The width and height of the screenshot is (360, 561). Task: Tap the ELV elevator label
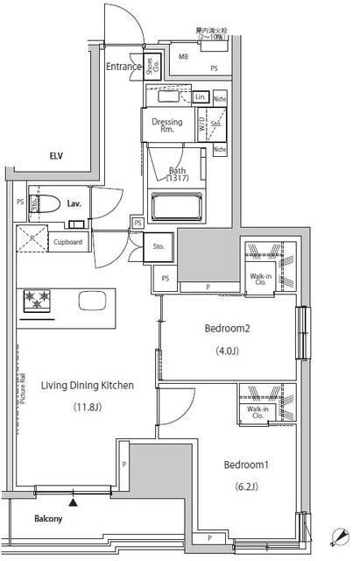coord(31,156)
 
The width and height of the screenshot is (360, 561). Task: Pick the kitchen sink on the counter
coord(91,300)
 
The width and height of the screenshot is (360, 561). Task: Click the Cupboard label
coord(67,242)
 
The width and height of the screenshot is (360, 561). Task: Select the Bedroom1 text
coord(246,464)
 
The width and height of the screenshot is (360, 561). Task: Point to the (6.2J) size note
coord(246,486)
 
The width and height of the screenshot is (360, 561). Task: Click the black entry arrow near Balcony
coord(74,503)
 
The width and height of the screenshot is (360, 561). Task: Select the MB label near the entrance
coord(183,57)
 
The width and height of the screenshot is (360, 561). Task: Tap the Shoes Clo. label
coord(152,68)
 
